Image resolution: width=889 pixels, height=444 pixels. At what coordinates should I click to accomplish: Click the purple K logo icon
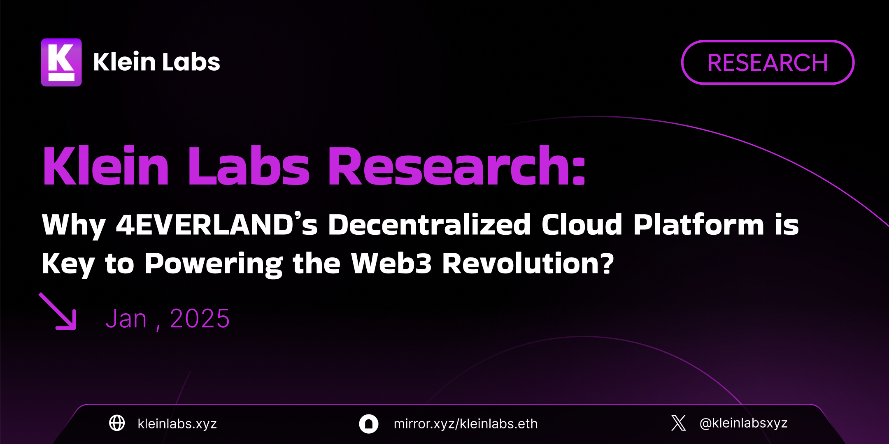tap(61, 62)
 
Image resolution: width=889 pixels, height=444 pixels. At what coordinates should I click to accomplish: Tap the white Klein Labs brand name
tap(157, 62)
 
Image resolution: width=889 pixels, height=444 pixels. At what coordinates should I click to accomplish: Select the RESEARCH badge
tap(768, 62)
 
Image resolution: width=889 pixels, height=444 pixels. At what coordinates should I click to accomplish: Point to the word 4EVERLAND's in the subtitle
tap(217, 224)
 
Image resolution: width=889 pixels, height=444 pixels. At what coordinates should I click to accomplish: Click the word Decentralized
tap(429, 224)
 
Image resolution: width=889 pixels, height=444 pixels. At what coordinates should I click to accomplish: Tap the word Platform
tap(698, 224)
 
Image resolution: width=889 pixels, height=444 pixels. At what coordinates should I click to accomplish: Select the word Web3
tap(391, 263)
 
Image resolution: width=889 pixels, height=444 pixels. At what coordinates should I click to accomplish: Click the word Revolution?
tap(528, 263)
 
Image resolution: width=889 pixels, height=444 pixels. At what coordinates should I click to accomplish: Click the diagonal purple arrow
tap(58, 311)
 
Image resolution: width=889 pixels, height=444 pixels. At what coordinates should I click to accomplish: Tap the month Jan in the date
tap(126, 319)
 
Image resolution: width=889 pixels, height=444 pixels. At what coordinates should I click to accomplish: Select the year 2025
tap(200, 319)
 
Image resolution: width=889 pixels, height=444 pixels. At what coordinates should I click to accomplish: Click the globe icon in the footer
tap(117, 423)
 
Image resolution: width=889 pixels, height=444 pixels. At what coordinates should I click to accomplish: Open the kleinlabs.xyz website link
tap(177, 423)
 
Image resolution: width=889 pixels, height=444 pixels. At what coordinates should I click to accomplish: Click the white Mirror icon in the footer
tap(369, 423)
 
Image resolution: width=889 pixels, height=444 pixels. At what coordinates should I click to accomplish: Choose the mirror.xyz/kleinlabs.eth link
tap(465, 423)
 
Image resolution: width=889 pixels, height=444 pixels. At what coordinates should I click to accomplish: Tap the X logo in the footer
tap(679, 423)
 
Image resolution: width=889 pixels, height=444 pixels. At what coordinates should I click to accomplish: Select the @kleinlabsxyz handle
tap(743, 423)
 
